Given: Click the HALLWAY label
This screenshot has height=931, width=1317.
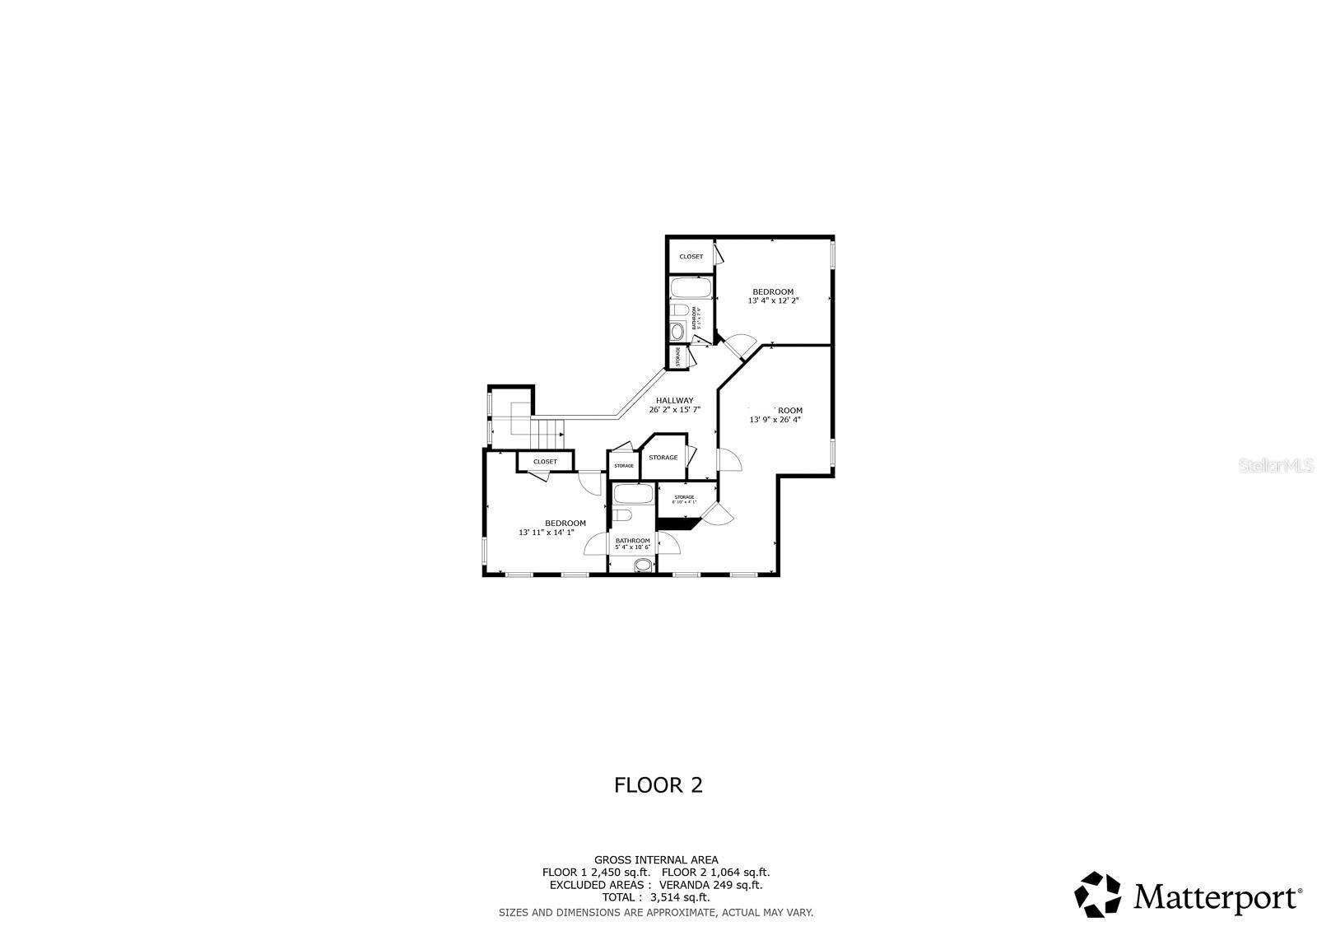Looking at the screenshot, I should tap(674, 400).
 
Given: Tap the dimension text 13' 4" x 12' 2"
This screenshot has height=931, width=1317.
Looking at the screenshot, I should tap(773, 301).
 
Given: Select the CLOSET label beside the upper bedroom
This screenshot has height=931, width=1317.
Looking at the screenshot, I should tap(691, 257).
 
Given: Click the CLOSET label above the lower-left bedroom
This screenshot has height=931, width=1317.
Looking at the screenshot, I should tap(545, 462).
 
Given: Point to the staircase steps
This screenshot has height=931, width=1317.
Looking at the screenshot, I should tap(548, 430).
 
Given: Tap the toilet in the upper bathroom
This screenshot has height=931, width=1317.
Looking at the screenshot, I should tap(679, 310).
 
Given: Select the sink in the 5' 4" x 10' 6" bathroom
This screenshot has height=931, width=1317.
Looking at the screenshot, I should tap(643, 565).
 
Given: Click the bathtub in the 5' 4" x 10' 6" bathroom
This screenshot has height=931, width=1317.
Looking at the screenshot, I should tap(632, 494).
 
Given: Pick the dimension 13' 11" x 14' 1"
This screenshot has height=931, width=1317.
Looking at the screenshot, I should tap(551, 533).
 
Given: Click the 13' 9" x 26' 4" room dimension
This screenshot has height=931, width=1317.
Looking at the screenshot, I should tap(775, 420).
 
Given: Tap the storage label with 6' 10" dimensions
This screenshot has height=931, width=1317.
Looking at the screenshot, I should tap(685, 499).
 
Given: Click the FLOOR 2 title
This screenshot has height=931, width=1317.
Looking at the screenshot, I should tap(658, 784).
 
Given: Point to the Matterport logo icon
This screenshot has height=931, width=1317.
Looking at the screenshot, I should tap(1098, 894).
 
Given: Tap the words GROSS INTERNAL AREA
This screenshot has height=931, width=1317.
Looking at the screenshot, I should tap(656, 860).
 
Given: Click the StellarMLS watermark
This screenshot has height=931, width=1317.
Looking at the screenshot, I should tap(1284, 466).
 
